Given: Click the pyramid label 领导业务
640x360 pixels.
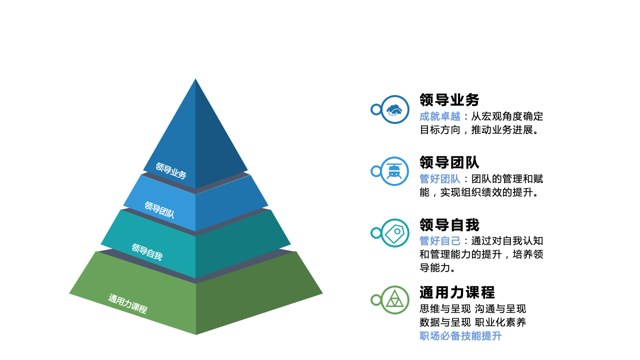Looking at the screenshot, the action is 171,170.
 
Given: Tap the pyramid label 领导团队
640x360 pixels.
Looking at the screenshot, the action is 159,209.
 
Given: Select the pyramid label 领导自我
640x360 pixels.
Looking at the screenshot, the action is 147,252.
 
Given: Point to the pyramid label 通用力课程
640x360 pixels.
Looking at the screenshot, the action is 127,303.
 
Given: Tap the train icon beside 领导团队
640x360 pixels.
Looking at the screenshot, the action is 394,171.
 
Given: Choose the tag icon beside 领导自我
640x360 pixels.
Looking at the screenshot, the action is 395,233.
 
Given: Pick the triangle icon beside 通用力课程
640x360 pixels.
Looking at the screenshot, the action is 394,299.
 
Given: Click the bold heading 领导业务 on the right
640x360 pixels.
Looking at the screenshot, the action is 449,99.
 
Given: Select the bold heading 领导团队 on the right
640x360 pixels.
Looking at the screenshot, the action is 449,162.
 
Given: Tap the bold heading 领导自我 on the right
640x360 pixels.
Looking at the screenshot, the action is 449,225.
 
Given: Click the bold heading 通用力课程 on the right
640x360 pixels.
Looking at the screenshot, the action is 457,292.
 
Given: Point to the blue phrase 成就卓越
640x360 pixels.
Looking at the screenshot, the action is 440,116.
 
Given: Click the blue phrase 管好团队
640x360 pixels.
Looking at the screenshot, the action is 440,179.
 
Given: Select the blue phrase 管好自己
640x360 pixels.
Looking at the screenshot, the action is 440,241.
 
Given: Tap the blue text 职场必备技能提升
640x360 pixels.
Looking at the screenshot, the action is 460,336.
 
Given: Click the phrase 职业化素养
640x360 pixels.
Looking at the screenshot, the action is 500,322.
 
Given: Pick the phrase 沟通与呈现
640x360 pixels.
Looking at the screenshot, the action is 500,309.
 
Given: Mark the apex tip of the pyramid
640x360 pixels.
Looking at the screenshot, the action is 195,79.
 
